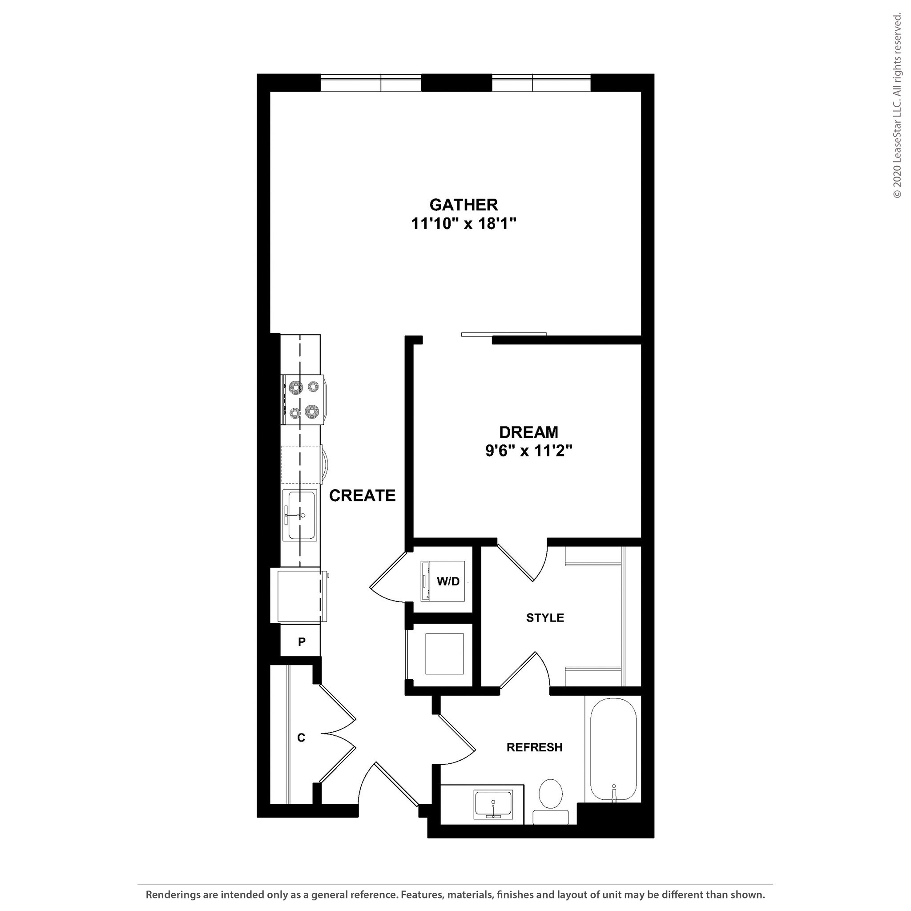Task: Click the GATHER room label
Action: [464, 205]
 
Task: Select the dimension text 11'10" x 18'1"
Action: [464, 223]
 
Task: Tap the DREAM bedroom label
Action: [528, 432]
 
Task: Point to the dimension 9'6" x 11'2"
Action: [528, 451]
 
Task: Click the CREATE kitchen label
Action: [362, 496]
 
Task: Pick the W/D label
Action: [447, 581]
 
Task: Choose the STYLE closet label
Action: [544, 618]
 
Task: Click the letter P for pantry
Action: [302, 641]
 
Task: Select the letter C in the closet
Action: [301, 738]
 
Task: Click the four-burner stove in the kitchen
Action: [303, 400]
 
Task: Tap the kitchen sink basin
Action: [300, 515]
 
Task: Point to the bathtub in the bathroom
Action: [613, 750]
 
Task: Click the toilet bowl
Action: [550, 794]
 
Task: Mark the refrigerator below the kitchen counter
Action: [299, 596]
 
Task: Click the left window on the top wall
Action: [371, 84]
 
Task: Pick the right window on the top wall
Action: [541, 84]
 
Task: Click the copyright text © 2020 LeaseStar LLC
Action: [897, 106]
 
